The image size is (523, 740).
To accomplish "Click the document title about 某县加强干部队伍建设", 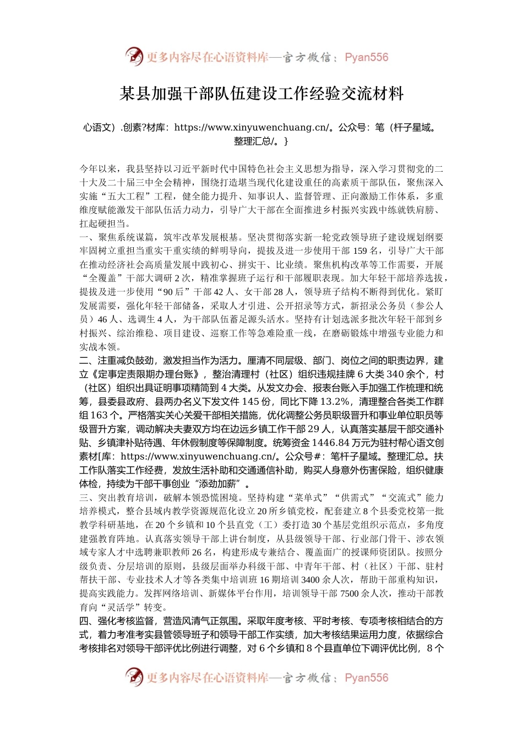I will point(261,94).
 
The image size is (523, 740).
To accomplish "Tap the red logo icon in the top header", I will point(134,57).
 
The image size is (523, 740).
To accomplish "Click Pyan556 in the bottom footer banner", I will point(367,678).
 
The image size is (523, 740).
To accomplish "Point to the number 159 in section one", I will point(359,251).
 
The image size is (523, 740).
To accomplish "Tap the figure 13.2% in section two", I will point(334,402).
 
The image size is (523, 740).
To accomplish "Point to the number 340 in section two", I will point(396,374).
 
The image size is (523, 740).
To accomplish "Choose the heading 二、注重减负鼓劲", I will point(117,361).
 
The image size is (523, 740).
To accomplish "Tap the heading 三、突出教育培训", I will point(117,498).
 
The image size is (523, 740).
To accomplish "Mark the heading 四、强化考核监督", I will point(117,621).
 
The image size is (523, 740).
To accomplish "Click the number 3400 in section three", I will point(311,580).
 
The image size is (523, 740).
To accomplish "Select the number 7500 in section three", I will point(350,594).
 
